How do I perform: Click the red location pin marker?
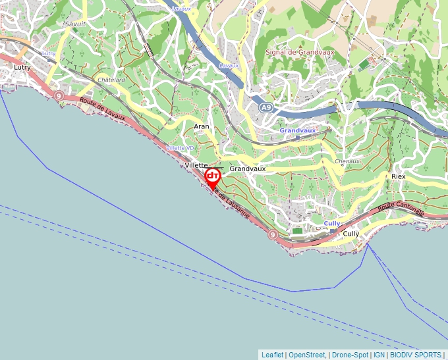(213, 177)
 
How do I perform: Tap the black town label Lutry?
(22, 66)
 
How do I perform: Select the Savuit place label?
(75, 24)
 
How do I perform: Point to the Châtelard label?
(111, 80)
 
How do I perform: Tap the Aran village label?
(202, 125)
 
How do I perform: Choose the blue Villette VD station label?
(181, 148)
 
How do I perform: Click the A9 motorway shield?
(266, 107)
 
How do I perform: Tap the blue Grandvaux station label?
(298, 130)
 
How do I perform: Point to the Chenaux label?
(347, 161)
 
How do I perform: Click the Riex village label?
(399, 176)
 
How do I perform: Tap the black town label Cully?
(351, 234)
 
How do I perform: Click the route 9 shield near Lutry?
(59, 96)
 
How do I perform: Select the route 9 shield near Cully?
(272, 234)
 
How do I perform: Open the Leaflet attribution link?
(272, 355)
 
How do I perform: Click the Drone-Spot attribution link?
(350, 355)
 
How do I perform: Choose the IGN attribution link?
(379, 355)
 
